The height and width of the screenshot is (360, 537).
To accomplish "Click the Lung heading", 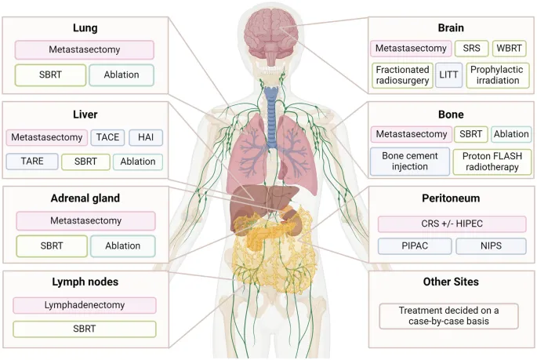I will point(84,27).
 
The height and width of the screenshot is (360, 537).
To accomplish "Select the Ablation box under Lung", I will point(122,75).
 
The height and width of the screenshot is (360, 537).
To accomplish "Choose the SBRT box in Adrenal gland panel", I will point(46,245).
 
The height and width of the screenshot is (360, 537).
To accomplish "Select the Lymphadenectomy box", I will point(84,305).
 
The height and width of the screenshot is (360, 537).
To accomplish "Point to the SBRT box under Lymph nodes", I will point(84,329).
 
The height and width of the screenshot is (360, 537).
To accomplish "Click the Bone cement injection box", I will point(410,162).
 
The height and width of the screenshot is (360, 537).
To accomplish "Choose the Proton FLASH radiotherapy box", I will point(492,162).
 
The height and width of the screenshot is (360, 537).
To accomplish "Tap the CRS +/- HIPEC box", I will point(452,224).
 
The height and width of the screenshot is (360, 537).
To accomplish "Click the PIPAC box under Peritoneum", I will point(411,247).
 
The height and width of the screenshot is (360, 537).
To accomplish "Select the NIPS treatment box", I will point(492,247).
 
